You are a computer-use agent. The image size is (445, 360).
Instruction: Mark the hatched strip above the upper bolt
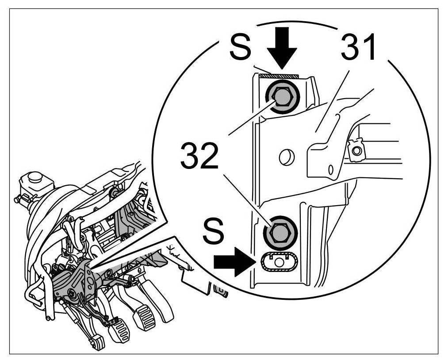tap(279, 77)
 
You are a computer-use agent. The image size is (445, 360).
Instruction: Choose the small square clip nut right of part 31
tap(357, 150)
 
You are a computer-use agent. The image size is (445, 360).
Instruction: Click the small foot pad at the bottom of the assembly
tap(99, 342)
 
